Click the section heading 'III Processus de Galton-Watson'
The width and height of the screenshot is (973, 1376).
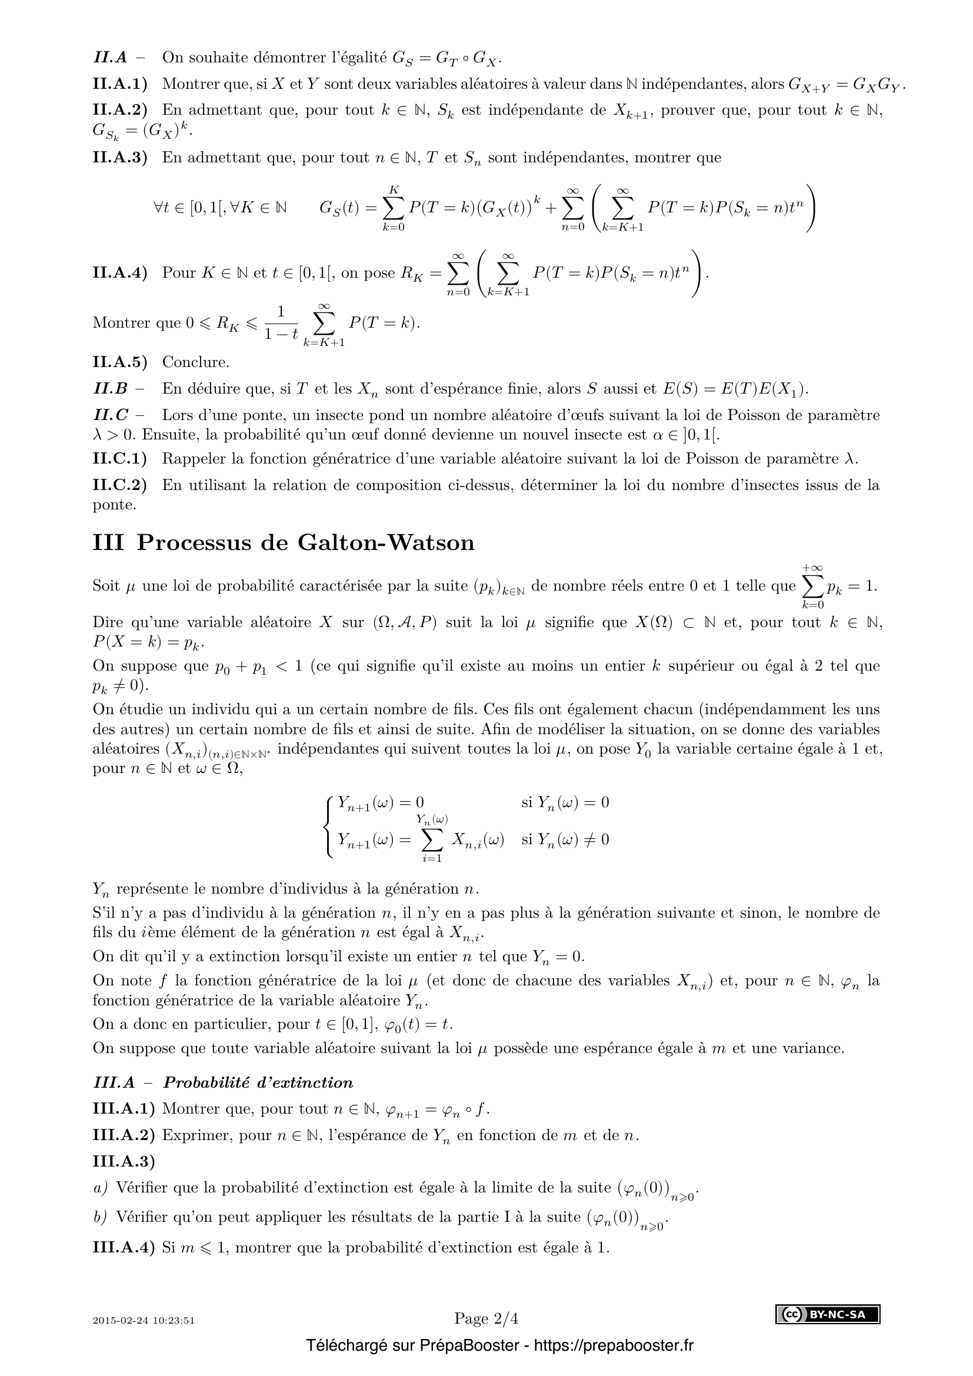284,543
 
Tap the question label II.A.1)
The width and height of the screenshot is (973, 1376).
120,84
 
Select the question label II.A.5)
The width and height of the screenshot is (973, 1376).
120,362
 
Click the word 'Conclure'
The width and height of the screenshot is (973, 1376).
195,362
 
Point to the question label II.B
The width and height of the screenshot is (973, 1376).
111,389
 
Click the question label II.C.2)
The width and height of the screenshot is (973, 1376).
120,485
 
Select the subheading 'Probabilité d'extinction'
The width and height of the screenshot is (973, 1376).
258,1082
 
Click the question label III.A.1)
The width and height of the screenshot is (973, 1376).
124,1109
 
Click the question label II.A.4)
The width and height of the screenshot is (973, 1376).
120,273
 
